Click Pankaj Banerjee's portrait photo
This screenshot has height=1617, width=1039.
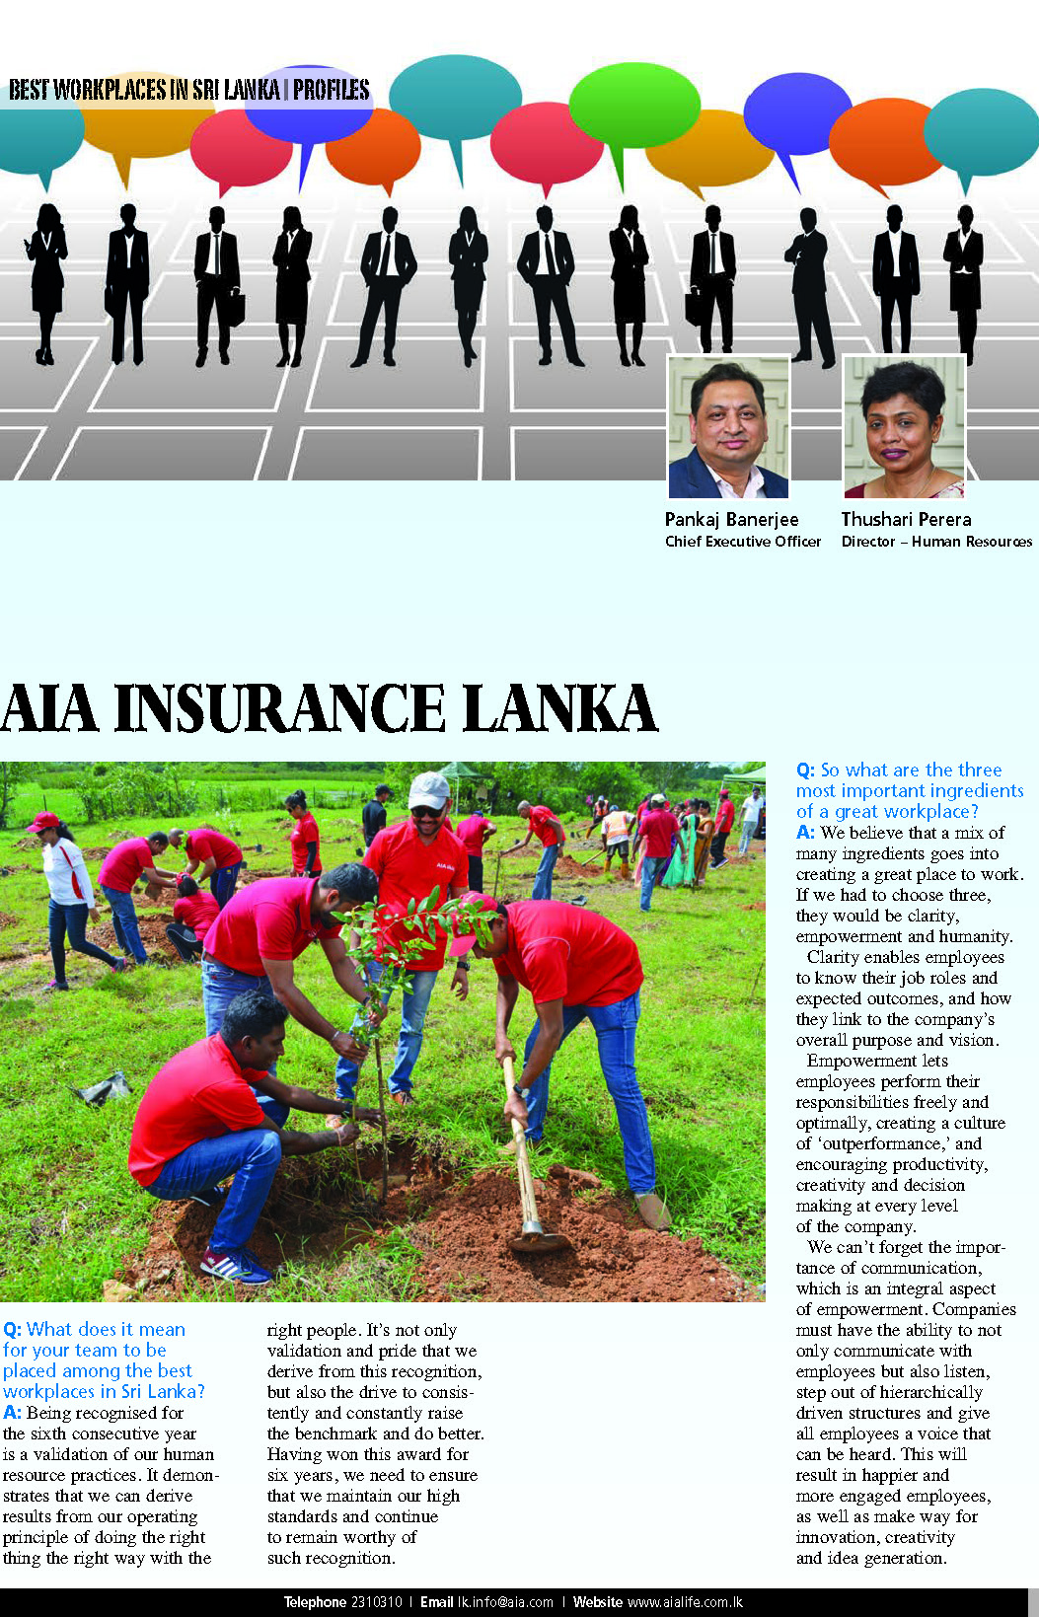pyautogui.click(x=728, y=428)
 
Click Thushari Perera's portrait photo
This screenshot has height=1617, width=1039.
pyautogui.click(x=903, y=428)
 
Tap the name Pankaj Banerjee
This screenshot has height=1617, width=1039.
pyautogui.click(x=731, y=519)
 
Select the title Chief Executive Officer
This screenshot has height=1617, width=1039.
pyautogui.click(x=742, y=542)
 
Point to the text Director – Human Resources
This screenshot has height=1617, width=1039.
pyautogui.click(x=936, y=542)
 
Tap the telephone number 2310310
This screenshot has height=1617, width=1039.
pyautogui.click(x=376, y=1602)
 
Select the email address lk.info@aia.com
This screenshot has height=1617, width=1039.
pyautogui.click(x=505, y=1602)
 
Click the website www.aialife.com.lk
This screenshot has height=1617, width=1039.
pyautogui.click(x=685, y=1602)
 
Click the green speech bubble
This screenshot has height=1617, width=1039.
pyautogui.click(x=633, y=107)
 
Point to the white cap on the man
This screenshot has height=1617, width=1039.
pyautogui.click(x=428, y=789)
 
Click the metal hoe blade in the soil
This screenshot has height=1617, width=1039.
pyautogui.click(x=535, y=1233)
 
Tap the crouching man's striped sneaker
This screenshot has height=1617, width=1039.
pyautogui.click(x=234, y=1265)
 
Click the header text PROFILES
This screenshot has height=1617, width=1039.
pyautogui.click(x=332, y=90)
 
